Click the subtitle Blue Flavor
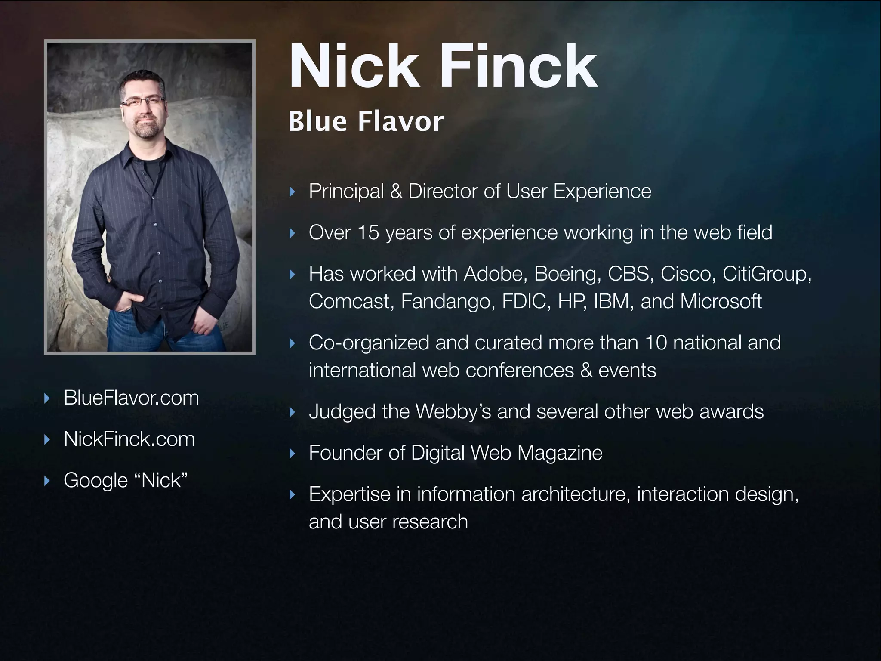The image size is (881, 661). pos(366,121)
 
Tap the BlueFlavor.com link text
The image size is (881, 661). pos(131,398)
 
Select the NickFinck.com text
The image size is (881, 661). pos(129,439)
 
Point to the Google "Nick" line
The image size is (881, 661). pos(126,481)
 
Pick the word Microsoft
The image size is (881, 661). pos(721,301)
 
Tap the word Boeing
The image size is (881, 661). pos(567,274)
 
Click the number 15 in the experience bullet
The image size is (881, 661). pos(368,233)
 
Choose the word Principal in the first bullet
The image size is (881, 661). pos(346,192)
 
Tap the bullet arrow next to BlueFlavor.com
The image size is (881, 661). pos(47,398)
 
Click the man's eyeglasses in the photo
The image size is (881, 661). pos(143,102)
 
